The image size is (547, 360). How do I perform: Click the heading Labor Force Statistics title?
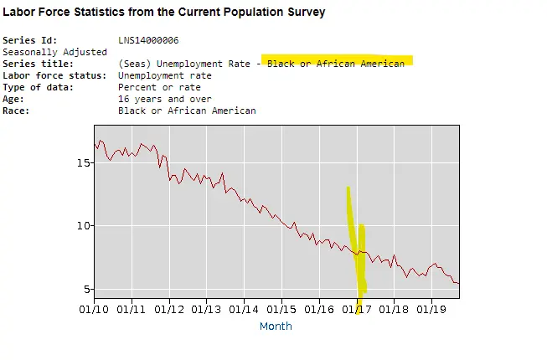click(x=164, y=13)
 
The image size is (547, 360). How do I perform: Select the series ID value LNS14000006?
click(x=148, y=40)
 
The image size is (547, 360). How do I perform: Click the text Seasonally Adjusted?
click(x=54, y=52)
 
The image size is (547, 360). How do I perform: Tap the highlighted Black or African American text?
click(x=335, y=64)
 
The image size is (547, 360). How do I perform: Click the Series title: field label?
click(x=38, y=64)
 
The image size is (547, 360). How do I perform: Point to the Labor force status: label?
click(x=54, y=75)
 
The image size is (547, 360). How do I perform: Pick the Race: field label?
click(x=20, y=111)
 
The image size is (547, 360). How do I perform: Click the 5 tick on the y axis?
click(x=85, y=290)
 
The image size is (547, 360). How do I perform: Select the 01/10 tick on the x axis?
click(x=94, y=309)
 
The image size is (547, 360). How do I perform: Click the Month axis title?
click(x=276, y=326)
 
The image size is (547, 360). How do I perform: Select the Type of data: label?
click(x=40, y=87)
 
